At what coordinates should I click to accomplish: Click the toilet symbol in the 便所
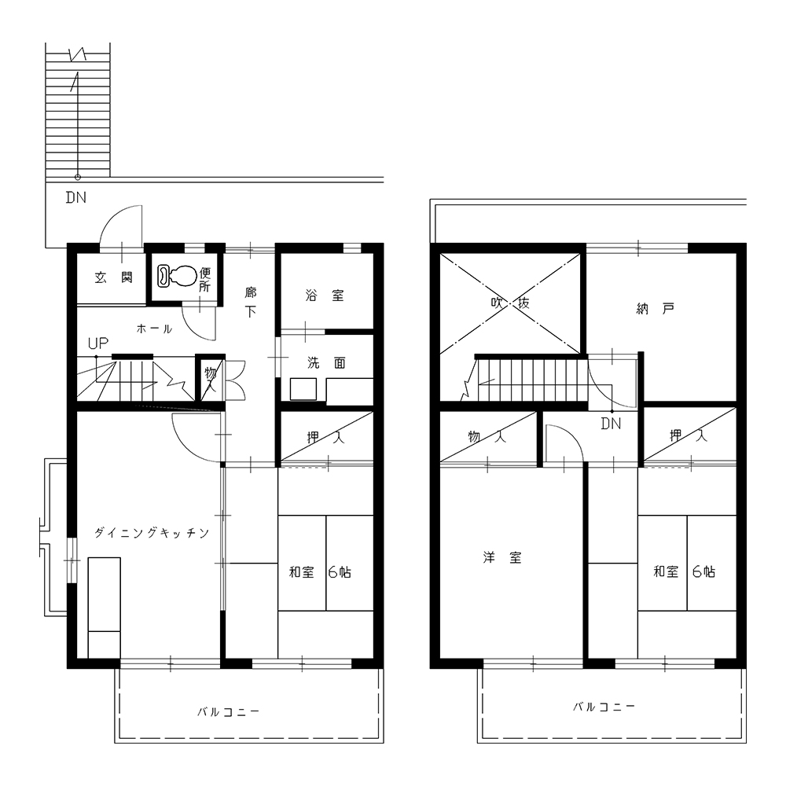[x=176, y=276]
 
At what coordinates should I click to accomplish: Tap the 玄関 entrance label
[x=114, y=277]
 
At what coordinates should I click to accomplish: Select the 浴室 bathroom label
[x=325, y=296]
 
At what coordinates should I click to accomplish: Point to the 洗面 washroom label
[x=326, y=362]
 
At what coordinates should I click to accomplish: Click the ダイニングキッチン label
[x=152, y=533]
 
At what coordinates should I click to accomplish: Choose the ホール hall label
[x=154, y=329]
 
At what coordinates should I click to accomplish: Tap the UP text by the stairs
[x=97, y=343]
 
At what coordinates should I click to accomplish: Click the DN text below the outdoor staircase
[x=76, y=197]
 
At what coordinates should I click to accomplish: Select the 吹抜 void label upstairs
[x=510, y=303]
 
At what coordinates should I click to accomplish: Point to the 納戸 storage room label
[x=656, y=308]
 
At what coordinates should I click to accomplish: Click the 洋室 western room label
[x=501, y=557]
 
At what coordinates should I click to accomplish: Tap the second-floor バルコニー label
[x=604, y=707]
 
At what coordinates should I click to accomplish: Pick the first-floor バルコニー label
[x=228, y=712]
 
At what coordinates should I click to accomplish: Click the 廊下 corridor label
[x=251, y=301]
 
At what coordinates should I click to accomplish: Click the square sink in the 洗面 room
[x=303, y=389]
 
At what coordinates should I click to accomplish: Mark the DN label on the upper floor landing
[x=611, y=424]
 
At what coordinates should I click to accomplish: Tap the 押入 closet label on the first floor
[x=326, y=438]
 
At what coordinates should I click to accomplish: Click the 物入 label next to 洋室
[x=487, y=436]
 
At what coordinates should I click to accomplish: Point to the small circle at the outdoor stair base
[x=78, y=177]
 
